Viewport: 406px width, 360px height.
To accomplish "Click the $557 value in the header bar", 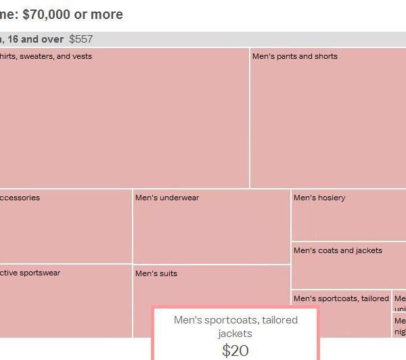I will click(81, 39).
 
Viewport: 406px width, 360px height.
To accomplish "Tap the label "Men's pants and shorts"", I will click(294, 56).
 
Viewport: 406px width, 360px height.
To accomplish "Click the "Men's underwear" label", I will click(166, 198).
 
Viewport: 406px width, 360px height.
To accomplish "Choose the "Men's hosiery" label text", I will click(319, 198).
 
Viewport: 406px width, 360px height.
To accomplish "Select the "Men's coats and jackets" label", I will click(338, 250).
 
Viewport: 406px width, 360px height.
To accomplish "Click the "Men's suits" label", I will click(156, 273).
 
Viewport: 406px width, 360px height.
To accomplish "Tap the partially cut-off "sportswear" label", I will click(30, 273).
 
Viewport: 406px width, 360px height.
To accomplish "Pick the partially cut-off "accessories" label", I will click(20, 198).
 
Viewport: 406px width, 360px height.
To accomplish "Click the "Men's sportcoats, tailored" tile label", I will click(341, 298).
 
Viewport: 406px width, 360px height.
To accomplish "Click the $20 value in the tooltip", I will click(235, 350).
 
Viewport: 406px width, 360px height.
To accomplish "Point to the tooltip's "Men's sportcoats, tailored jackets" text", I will click(235, 326).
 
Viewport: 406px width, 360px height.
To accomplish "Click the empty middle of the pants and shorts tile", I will click(328, 122).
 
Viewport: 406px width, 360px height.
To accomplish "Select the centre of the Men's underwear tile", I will click(211, 230).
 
